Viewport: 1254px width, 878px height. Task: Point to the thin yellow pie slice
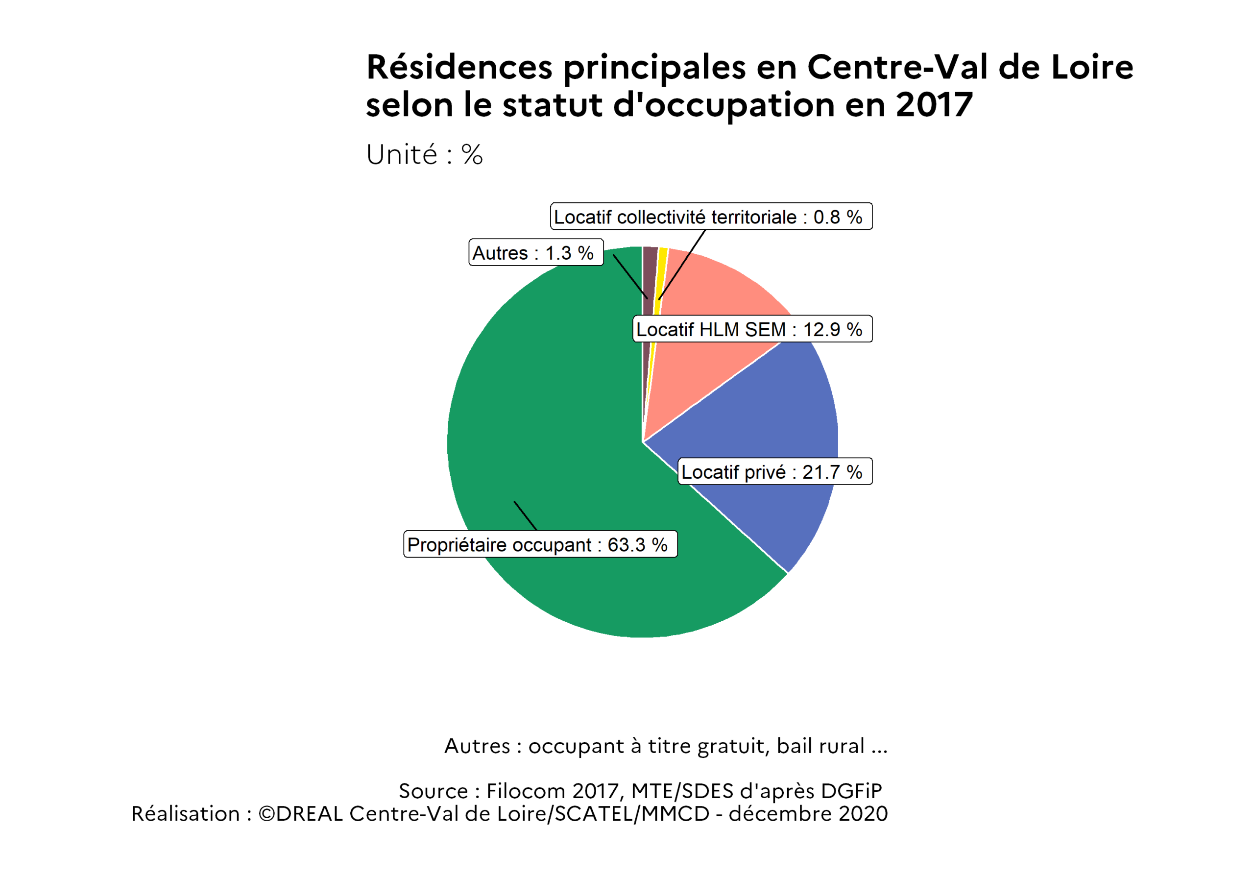tap(661, 273)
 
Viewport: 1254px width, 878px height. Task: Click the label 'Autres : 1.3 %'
tap(536, 253)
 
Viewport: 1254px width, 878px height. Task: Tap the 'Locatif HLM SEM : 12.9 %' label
tap(751, 329)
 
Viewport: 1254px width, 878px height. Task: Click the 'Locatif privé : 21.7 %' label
tap(774, 471)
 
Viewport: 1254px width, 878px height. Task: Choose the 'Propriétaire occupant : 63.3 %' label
tap(540, 544)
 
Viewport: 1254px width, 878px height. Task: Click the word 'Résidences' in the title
tap(459, 68)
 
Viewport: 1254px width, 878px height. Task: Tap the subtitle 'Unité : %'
tap(424, 155)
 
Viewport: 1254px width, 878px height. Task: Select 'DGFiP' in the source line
tap(851, 791)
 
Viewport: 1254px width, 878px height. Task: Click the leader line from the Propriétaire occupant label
tap(526, 516)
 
